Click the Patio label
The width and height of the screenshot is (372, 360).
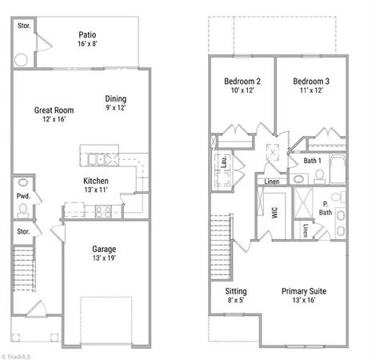(88, 34)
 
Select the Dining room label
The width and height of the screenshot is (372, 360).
(117, 99)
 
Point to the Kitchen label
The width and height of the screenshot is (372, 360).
(96, 182)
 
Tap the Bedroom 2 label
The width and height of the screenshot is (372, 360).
(242, 82)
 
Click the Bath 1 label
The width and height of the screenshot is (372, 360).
(313, 161)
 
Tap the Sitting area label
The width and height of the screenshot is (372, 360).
(235, 291)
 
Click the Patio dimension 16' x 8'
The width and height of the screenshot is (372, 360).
(88, 46)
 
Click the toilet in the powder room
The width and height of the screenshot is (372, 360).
(22, 210)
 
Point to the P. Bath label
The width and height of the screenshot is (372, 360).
(326, 208)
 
